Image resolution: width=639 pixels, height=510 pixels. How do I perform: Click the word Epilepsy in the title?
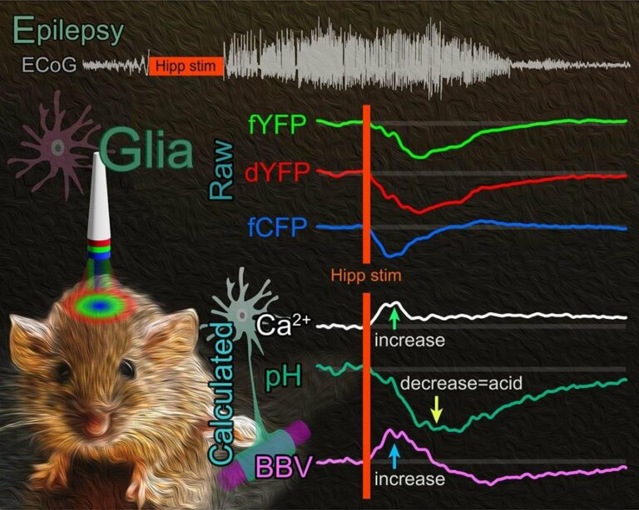click(68, 31)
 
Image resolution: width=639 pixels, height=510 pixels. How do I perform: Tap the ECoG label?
click(49, 66)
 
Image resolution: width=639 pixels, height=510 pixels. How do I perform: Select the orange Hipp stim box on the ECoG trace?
click(186, 66)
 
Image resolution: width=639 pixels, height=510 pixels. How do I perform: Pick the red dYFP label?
click(278, 173)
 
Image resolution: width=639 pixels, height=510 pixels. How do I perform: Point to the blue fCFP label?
click(277, 228)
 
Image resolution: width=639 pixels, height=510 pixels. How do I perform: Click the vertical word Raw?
click(222, 171)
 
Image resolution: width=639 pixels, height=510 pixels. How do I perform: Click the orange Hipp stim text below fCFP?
click(366, 276)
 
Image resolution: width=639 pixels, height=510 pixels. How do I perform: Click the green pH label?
click(284, 378)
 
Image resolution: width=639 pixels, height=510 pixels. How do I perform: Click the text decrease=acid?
click(461, 383)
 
